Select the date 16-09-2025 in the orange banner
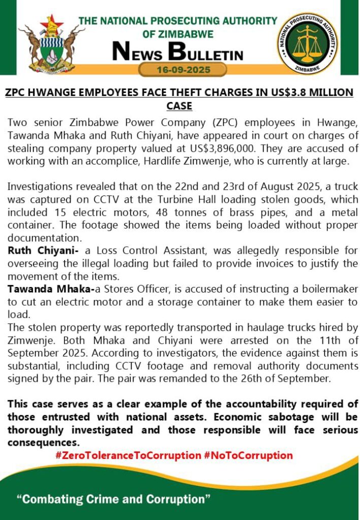pyautogui.click(x=183, y=70)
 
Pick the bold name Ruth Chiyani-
pyautogui.click(x=40, y=251)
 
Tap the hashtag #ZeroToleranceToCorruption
pyautogui.click(x=128, y=456)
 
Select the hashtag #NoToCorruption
pyautogui.click(x=248, y=456)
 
